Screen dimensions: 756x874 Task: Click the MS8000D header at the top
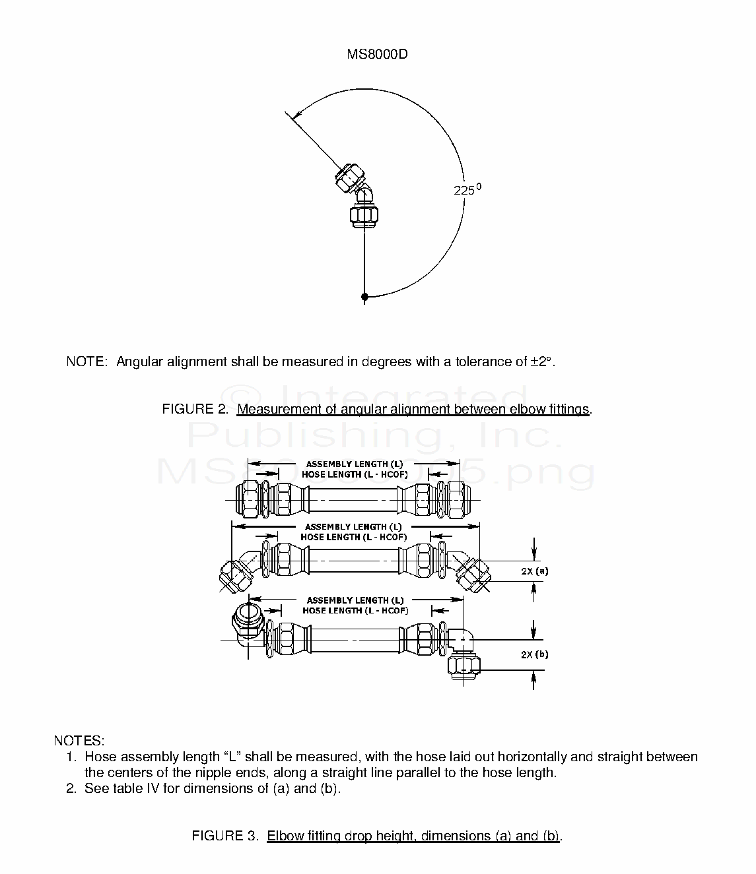(x=377, y=54)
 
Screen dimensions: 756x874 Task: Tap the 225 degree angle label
(x=467, y=189)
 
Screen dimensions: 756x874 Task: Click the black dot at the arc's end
(x=364, y=296)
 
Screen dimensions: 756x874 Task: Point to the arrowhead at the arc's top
(x=298, y=115)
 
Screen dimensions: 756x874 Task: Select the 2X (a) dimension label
(x=535, y=571)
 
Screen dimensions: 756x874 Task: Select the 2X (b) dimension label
(x=535, y=654)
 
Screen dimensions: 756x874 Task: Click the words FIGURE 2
(x=195, y=409)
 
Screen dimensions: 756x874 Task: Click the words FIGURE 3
(x=224, y=836)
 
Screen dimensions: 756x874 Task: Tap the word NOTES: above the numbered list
(x=79, y=741)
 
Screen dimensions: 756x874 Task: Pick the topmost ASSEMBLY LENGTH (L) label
(x=355, y=464)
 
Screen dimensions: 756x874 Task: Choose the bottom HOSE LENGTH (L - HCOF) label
(x=356, y=611)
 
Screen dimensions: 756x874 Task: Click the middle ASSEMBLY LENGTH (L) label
(x=353, y=527)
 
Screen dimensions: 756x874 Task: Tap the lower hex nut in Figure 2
(x=364, y=215)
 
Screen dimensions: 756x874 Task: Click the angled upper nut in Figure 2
(x=350, y=178)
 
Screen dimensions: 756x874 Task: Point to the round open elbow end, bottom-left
(x=248, y=620)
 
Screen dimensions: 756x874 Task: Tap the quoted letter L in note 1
(x=232, y=757)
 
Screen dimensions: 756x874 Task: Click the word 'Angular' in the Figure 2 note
(x=140, y=362)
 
